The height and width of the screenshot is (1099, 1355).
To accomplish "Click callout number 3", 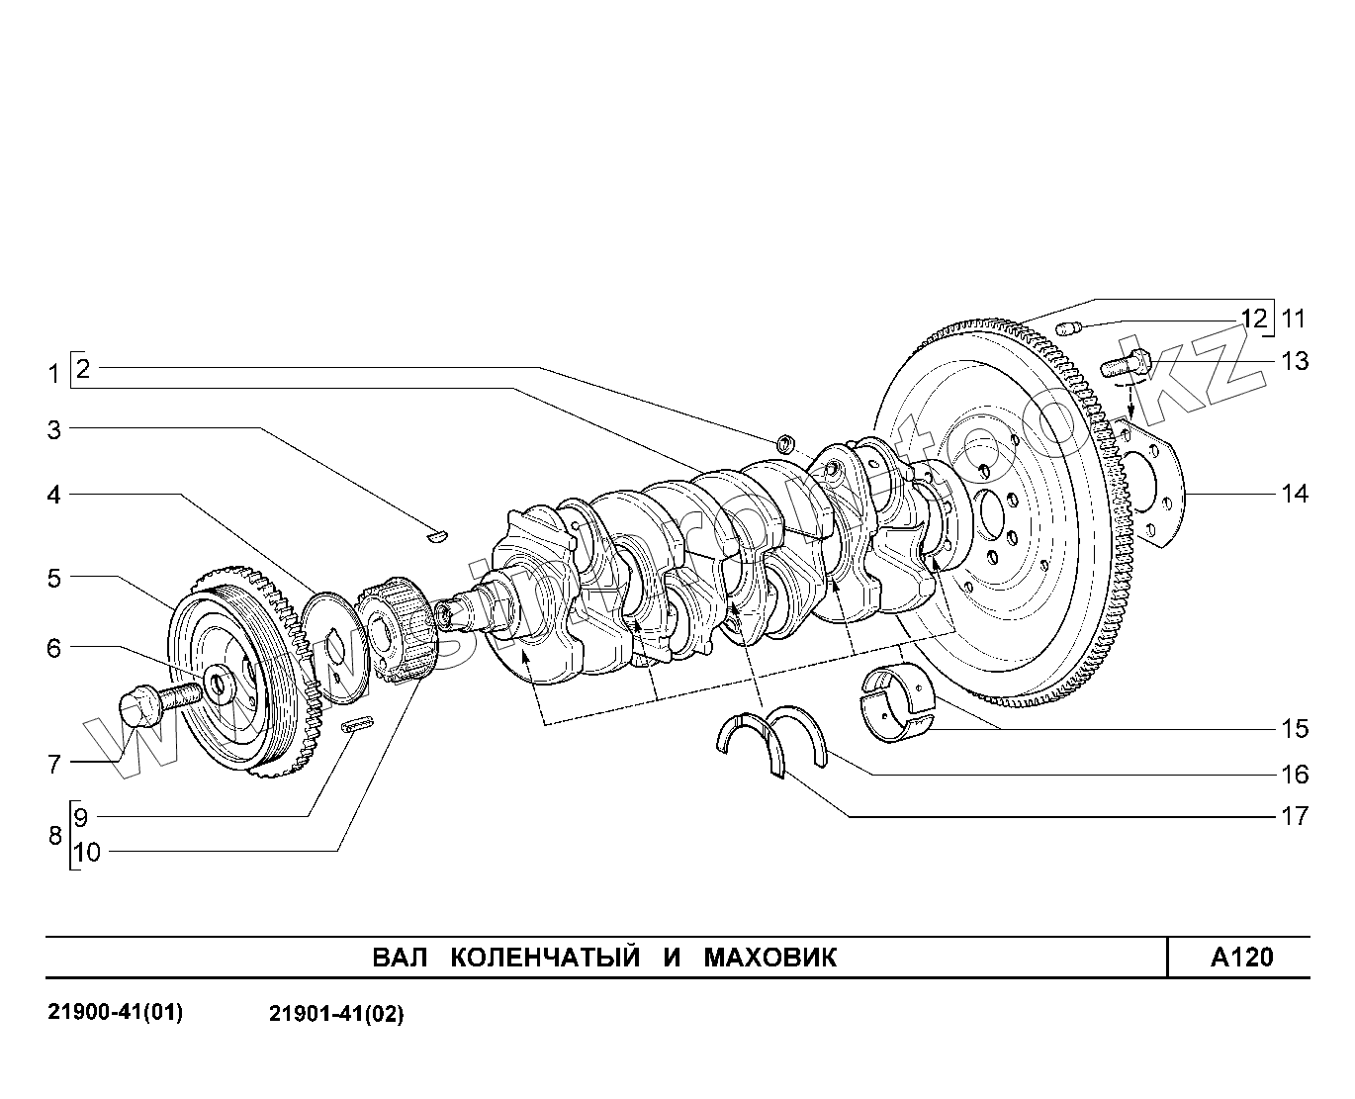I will (x=54, y=430).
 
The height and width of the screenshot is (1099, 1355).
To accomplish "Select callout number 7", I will (x=54, y=764).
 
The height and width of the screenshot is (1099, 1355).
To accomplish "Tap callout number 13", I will (x=1295, y=361).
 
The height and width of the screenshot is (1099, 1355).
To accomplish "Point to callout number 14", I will (x=1295, y=493).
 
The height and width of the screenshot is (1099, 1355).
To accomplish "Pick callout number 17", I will (x=1295, y=816).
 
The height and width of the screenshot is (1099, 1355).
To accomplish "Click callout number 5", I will (x=54, y=578).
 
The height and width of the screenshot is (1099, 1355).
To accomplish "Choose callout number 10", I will (x=87, y=852).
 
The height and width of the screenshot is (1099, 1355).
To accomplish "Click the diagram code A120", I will (x=1242, y=958).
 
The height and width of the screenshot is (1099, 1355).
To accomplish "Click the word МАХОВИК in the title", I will (x=769, y=958).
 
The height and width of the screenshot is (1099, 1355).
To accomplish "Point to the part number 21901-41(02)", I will (x=336, y=1014).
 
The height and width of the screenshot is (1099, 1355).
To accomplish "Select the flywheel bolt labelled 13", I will (x=1127, y=363).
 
